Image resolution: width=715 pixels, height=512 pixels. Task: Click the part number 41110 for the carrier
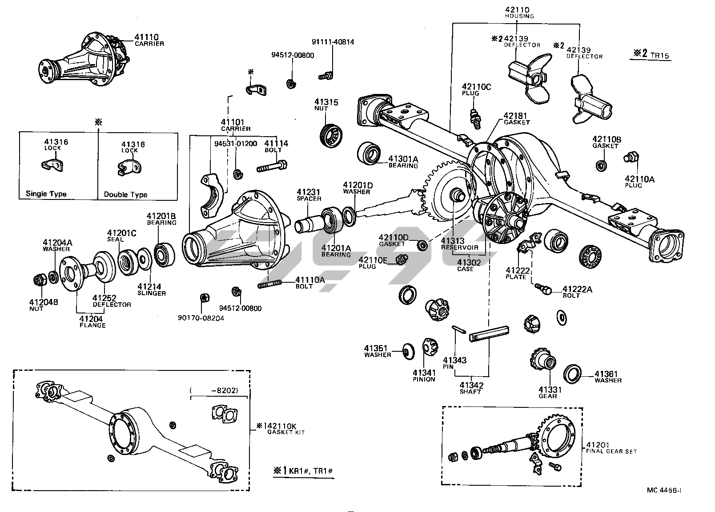click(x=146, y=37)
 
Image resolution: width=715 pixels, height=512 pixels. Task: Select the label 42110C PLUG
click(x=476, y=89)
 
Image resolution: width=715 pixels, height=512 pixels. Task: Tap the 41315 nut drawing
click(x=330, y=133)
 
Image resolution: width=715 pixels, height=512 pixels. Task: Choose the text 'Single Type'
click(x=46, y=194)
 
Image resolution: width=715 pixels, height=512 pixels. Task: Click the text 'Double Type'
click(x=125, y=195)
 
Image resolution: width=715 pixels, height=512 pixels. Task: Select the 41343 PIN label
click(x=454, y=362)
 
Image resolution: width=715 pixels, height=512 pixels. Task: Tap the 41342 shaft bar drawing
click(x=489, y=333)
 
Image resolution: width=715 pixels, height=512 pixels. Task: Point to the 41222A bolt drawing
click(x=544, y=288)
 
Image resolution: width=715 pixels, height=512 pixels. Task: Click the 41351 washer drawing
click(x=406, y=350)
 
